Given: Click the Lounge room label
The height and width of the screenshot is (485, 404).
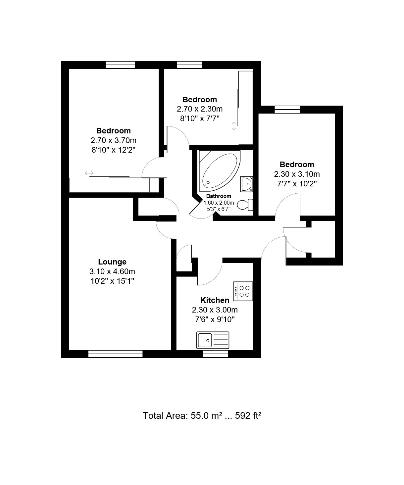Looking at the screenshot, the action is pos(112,262).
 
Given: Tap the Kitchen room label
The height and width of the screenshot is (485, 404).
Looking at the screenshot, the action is pos(215,300).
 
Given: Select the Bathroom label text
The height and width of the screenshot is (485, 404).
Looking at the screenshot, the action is pos(219,196).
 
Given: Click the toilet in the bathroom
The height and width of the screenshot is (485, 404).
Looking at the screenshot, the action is pos(245,205).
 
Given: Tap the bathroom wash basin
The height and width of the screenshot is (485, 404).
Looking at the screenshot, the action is pos(246,184).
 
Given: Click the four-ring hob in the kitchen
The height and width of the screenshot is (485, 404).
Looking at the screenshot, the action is pos(243,292).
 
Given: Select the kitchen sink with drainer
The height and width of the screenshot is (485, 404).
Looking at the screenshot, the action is pos(213,340).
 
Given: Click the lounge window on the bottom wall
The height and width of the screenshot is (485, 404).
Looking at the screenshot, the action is pos(116,354).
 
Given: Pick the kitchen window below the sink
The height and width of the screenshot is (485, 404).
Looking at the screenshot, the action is pos(215,354).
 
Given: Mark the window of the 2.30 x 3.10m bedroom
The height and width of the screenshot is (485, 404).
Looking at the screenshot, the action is pos(287,109).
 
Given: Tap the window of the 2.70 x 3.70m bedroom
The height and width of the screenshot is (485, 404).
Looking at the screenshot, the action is pos(120,65).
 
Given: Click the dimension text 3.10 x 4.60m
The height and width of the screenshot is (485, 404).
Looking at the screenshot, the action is pos(112,271).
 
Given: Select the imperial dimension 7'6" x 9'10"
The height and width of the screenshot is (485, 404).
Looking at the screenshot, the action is pos(215,319).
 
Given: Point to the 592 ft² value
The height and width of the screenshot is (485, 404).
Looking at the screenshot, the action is pos(248,415).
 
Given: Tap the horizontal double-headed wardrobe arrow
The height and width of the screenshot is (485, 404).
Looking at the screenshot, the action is pos(89,173).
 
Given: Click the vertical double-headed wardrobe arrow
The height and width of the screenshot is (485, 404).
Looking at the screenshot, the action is pos(234,126).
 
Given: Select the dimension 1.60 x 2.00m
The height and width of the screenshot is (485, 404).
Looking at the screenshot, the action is pos(219,203).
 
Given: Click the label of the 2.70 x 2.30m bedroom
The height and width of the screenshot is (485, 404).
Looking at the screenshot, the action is pos(200,100).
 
